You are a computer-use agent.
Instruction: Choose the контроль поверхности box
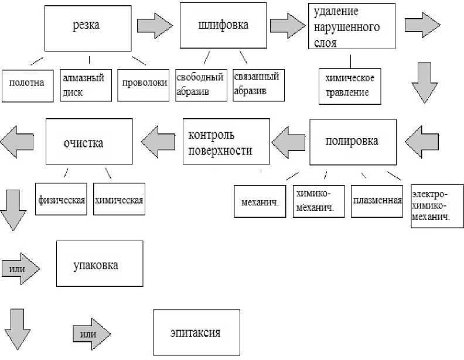226,142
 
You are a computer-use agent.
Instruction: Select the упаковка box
99,265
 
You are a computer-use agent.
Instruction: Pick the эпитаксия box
196,332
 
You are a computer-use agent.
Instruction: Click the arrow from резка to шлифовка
154,26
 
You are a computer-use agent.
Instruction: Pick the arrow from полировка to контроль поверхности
288,142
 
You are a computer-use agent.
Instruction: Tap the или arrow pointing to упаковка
21,269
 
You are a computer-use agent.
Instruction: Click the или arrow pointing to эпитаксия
91,334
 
